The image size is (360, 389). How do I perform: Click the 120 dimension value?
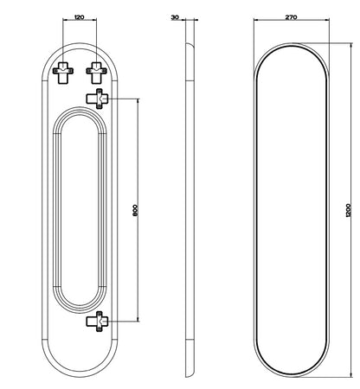pos(80,17)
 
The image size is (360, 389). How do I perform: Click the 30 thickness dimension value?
pos(175,17)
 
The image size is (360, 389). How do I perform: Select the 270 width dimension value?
pos(291,17)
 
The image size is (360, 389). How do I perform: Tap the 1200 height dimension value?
pos(348,210)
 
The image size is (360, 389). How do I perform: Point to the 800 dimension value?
pos(136,211)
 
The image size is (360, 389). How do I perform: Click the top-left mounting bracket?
pos(63,73)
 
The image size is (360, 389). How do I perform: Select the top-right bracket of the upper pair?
pos(96,73)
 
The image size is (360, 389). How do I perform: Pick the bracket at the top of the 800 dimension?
pos(98,99)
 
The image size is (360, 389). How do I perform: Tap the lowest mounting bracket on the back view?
pos(98,322)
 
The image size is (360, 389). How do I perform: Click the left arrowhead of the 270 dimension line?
pos(255,20)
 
